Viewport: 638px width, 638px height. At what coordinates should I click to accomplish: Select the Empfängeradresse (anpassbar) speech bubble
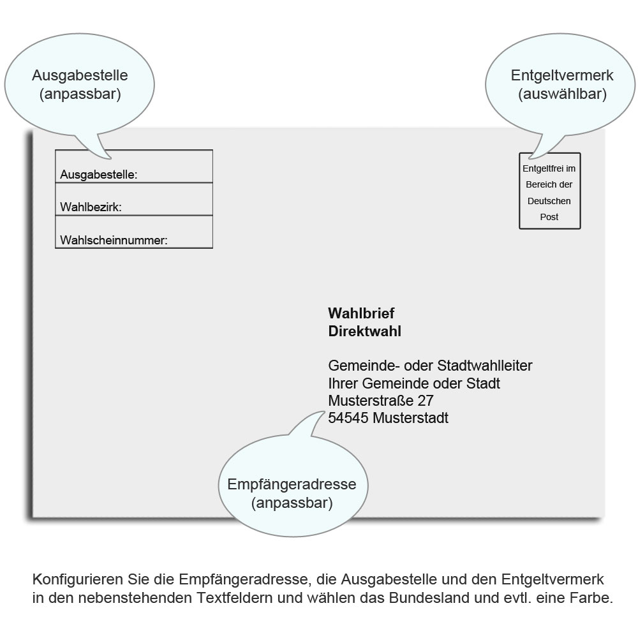292,493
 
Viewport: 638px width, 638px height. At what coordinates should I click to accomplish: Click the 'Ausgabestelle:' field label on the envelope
99,174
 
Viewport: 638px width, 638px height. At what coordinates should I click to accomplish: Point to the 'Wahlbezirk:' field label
91,207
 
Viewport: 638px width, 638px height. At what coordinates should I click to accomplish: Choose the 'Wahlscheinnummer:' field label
114,241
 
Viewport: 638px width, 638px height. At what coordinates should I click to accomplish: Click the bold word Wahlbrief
361,313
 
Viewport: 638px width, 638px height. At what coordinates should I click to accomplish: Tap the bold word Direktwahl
364,331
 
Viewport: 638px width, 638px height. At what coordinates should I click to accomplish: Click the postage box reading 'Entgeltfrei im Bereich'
549,190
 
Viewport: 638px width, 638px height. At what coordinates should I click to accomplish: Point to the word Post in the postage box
549,217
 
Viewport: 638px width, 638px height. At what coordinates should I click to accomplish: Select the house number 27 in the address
426,401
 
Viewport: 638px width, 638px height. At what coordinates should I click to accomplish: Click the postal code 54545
348,419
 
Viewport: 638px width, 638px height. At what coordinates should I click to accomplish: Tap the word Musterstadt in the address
410,419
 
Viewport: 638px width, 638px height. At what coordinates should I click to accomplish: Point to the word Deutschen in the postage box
549,201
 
